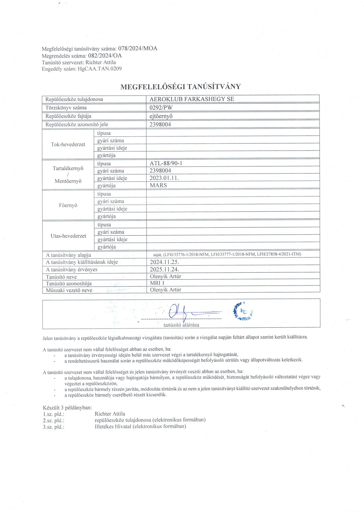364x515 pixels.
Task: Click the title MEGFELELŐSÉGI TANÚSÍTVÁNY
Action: (x=181, y=87)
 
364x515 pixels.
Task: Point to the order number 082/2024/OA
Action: (x=105, y=55)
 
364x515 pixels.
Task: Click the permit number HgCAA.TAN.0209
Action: (x=100, y=69)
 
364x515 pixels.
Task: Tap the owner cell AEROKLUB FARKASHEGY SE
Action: (x=192, y=99)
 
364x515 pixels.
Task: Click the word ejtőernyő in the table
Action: (x=161, y=116)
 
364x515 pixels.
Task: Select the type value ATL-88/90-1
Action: (x=166, y=163)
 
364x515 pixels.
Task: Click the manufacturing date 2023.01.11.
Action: (x=164, y=178)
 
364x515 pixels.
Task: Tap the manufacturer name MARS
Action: (x=158, y=185)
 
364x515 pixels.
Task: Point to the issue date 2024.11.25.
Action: (x=164, y=262)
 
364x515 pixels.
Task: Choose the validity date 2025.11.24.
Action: (x=164, y=269)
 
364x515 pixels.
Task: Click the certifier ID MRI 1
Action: (x=157, y=283)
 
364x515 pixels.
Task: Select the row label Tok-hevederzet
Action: (x=68, y=144)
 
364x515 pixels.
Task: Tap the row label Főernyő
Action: (x=68, y=205)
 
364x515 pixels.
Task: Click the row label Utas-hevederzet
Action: (x=68, y=236)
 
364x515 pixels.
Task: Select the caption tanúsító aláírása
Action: (x=181, y=325)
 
